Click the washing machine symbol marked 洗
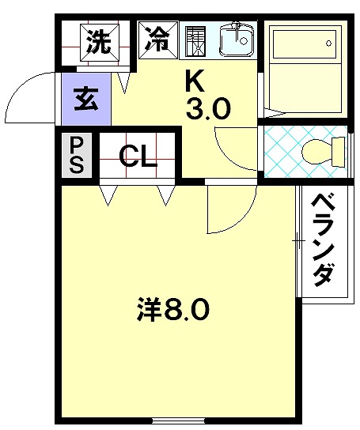point(100,43)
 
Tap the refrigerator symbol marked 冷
point(158,40)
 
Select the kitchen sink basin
point(236,40)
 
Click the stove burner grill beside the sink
point(195,41)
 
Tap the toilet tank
point(338,152)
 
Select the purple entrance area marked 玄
point(86,99)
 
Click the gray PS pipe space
point(76,155)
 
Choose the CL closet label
point(138,157)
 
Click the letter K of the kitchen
point(195,81)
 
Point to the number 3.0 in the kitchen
point(207,108)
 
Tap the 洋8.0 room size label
point(173,308)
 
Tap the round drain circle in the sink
point(243,41)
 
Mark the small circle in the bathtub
point(328,43)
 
